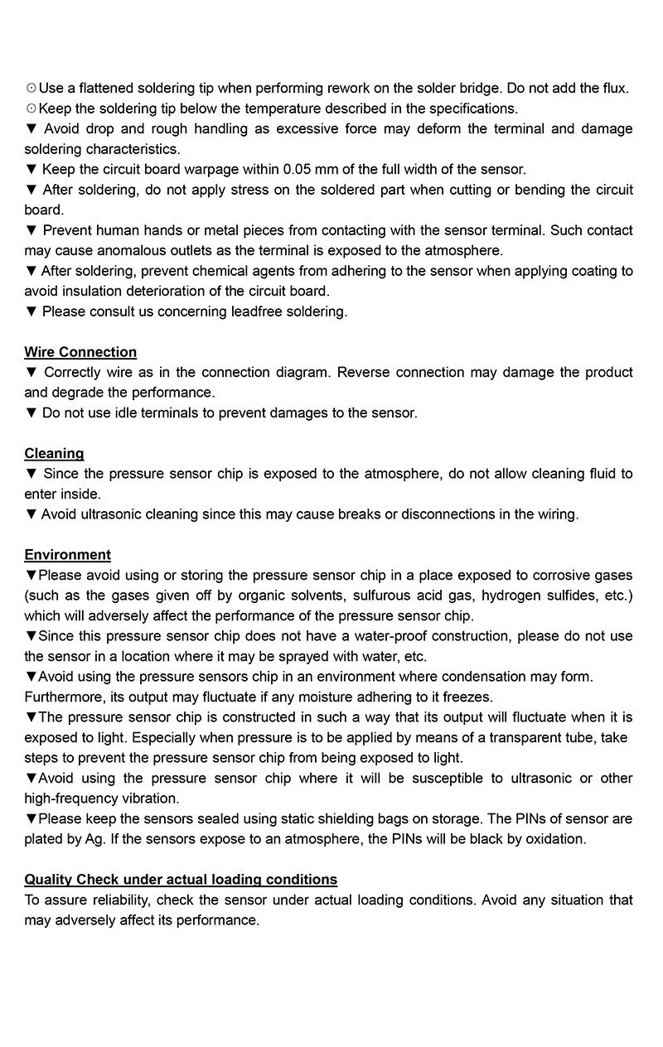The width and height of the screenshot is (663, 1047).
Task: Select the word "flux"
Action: (614, 88)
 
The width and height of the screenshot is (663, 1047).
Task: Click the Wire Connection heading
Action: (80, 352)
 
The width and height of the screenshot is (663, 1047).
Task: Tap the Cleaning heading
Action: (54, 453)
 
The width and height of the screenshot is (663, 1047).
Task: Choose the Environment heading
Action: (67, 555)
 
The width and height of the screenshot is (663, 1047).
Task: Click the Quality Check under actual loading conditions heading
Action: (181, 880)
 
